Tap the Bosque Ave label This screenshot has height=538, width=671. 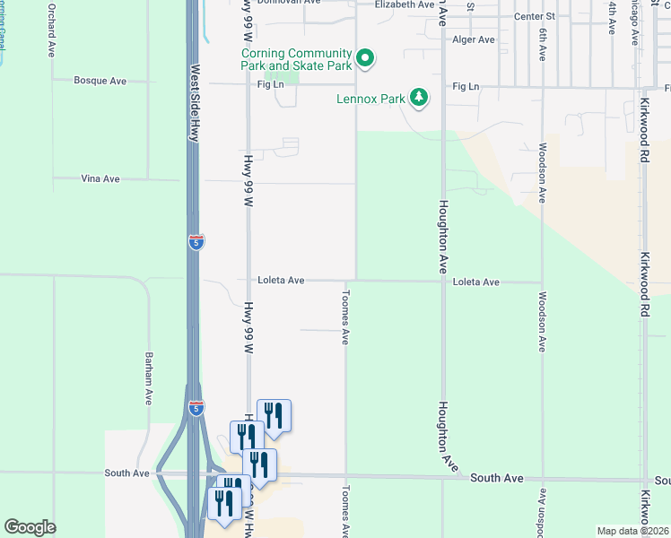[100, 81]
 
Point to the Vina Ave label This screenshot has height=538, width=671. [100, 179]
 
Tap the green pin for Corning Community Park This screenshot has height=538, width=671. [365, 59]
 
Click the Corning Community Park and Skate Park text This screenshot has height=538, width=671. [296, 59]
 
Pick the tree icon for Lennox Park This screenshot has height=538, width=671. [418, 96]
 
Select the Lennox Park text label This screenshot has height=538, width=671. [371, 99]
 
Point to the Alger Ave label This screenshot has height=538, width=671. [474, 39]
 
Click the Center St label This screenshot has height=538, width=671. [535, 16]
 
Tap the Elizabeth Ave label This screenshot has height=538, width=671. [404, 4]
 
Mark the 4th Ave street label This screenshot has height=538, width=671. [612, 18]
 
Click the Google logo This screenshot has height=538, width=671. [30, 527]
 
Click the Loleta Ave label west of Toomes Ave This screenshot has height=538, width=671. [282, 281]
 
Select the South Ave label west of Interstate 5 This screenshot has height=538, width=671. [126, 473]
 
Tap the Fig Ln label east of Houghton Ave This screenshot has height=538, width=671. [466, 86]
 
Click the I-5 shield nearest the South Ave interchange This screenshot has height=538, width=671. [196, 408]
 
